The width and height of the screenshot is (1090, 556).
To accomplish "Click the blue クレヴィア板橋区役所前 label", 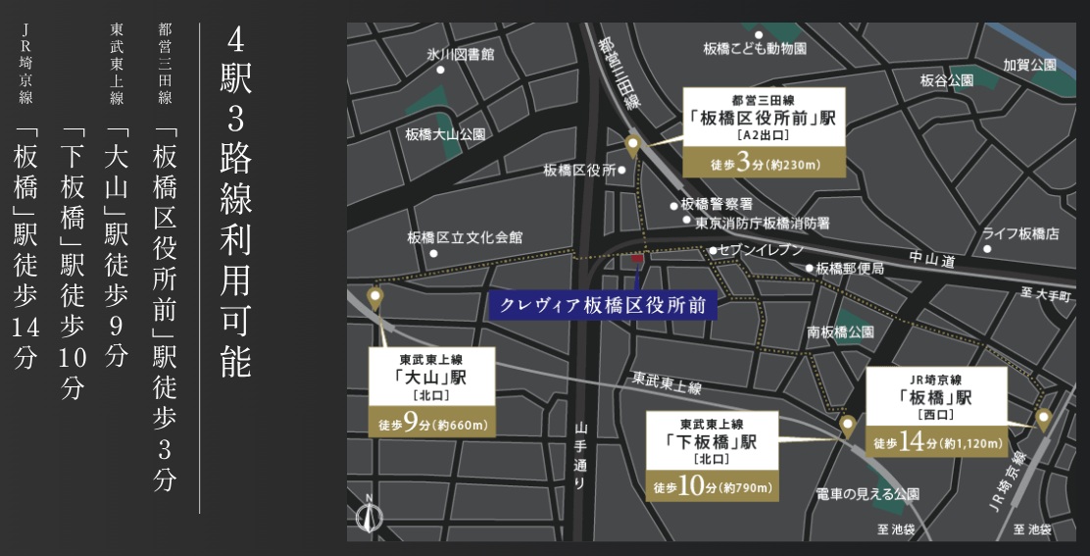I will tap(602, 305).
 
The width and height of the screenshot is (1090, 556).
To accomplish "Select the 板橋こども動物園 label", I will tap(755, 47).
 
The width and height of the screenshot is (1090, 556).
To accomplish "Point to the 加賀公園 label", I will tap(1029, 65).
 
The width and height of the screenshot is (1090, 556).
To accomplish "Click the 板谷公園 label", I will tap(946, 79).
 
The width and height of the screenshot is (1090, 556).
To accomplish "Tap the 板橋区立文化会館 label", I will tap(466, 237).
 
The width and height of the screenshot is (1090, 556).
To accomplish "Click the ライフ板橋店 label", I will tap(1022, 233).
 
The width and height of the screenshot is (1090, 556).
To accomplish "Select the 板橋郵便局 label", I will tap(850, 268).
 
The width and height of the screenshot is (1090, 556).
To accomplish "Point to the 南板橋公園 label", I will tap(840, 332).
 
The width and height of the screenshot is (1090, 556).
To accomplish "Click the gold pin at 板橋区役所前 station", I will tap(632, 148).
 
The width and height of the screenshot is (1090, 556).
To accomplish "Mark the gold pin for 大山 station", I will tap(374, 296).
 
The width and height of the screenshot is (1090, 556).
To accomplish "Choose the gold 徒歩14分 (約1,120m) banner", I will tap(938, 442).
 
